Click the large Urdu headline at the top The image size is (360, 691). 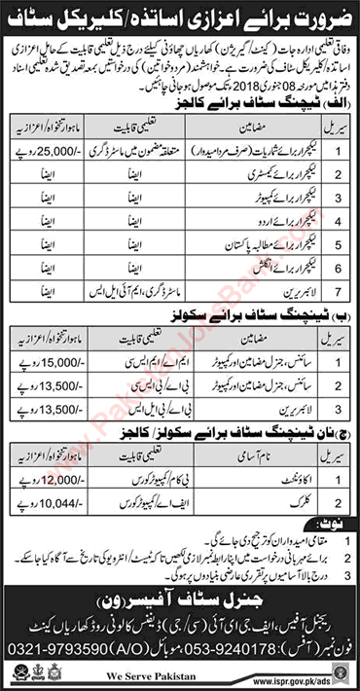180,18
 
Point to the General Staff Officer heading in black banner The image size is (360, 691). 180,594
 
